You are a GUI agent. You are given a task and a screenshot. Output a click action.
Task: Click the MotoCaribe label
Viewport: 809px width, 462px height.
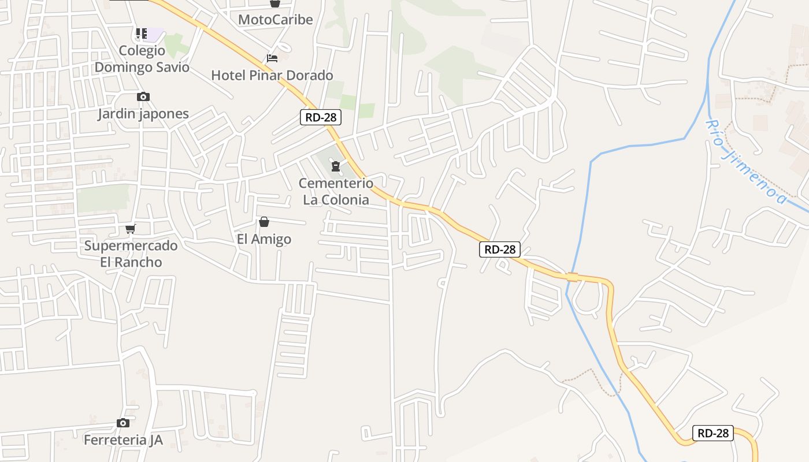pyautogui.click(x=275, y=20)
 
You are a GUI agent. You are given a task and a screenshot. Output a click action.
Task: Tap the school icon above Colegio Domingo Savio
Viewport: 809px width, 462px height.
pyautogui.click(x=142, y=33)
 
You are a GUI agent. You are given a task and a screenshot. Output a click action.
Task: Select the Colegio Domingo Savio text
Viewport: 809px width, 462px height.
pyautogui.click(x=142, y=59)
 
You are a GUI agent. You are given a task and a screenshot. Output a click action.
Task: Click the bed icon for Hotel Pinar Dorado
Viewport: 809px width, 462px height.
pyautogui.click(x=272, y=58)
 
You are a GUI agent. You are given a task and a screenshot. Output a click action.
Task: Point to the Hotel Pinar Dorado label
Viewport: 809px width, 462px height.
pyautogui.click(x=272, y=75)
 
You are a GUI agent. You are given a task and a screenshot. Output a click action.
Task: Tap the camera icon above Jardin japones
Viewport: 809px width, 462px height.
pyautogui.click(x=143, y=97)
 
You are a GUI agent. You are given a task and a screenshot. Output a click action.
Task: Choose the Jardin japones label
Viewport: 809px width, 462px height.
pyautogui.click(x=143, y=114)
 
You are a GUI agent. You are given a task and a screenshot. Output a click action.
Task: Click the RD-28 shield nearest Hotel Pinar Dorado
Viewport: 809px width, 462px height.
pyautogui.click(x=321, y=117)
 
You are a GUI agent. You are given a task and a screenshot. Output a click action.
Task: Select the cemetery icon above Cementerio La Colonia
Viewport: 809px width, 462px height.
pyautogui.click(x=335, y=167)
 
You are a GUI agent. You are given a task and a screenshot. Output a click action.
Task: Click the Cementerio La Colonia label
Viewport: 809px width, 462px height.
pyautogui.click(x=336, y=192)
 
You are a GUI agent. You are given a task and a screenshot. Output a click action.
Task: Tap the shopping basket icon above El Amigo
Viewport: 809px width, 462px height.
pyautogui.click(x=264, y=222)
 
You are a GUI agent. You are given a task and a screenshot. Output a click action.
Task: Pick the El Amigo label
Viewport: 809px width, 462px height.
pyautogui.click(x=264, y=239)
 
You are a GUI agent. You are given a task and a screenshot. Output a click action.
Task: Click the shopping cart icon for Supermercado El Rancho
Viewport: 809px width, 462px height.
pyautogui.click(x=131, y=229)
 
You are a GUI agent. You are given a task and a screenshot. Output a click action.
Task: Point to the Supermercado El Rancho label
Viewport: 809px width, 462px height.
pyautogui.click(x=131, y=254)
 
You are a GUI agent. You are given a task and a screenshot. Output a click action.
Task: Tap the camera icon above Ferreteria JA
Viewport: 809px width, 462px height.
pyautogui.click(x=123, y=423)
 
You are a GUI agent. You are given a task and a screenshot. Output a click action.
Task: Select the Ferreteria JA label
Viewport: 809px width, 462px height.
pyautogui.click(x=123, y=440)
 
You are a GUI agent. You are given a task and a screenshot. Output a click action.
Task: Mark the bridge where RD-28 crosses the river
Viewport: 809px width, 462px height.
pyautogui.click(x=572, y=277)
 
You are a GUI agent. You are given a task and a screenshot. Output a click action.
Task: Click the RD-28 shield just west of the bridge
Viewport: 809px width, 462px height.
pyautogui.click(x=500, y=249)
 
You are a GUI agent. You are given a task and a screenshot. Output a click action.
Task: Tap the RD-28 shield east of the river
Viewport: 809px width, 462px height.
pyautogui.click(x=713, y=433)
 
